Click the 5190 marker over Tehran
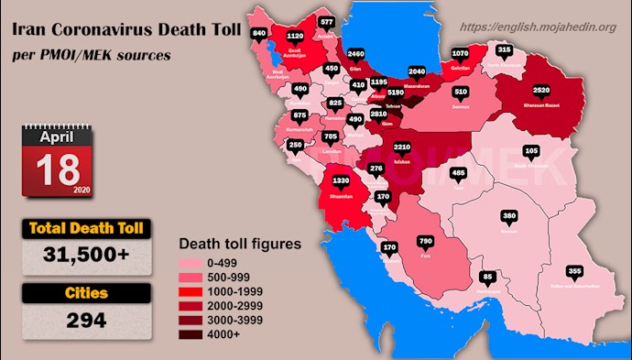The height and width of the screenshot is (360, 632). pos(397,93)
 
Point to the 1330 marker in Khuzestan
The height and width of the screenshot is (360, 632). pos(341,181)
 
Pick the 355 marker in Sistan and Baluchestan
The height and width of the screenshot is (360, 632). pos(575,271)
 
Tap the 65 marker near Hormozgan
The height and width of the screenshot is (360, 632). pos(487,276)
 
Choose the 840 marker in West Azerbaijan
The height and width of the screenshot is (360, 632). pos(258,33)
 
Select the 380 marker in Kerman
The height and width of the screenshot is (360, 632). pos(510,216)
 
